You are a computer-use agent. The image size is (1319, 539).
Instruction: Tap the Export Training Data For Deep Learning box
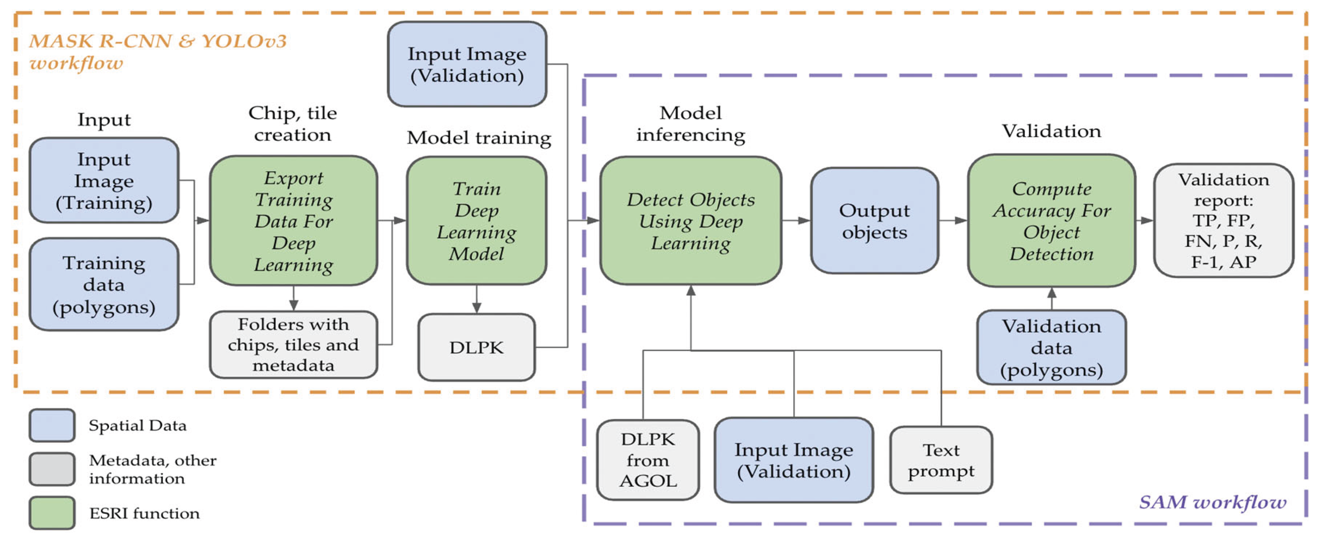[293, 221]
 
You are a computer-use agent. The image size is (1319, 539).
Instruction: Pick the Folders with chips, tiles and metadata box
[293, 345]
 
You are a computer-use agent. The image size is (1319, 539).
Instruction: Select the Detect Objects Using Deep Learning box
[690, 221]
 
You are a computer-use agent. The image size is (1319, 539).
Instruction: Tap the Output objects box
[874, 221]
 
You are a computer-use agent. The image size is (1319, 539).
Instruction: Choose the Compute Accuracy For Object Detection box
[1051, 221]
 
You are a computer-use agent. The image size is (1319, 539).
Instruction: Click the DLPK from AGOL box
[648, 460]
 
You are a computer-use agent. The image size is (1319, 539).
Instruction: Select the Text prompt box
[941, 460]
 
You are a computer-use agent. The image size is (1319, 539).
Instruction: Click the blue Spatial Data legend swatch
[52, 425]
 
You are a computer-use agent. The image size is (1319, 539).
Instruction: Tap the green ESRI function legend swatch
[52, 512]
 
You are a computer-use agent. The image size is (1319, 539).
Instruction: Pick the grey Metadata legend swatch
[52, 469]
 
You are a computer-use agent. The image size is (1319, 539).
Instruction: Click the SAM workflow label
[1212, 502]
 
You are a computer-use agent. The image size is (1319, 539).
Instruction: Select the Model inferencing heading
[690, 124]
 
